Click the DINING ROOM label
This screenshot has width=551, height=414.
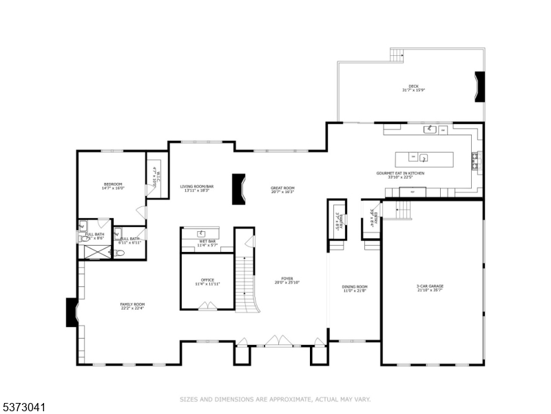click(x=355, y=288)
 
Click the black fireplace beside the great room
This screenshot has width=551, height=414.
click(x=239, y=188)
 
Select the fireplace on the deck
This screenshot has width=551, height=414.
click(x=479, y=88)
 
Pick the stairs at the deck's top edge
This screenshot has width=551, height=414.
click(x=397, y=55)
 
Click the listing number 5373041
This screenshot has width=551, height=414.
click(x=23, y=408)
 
